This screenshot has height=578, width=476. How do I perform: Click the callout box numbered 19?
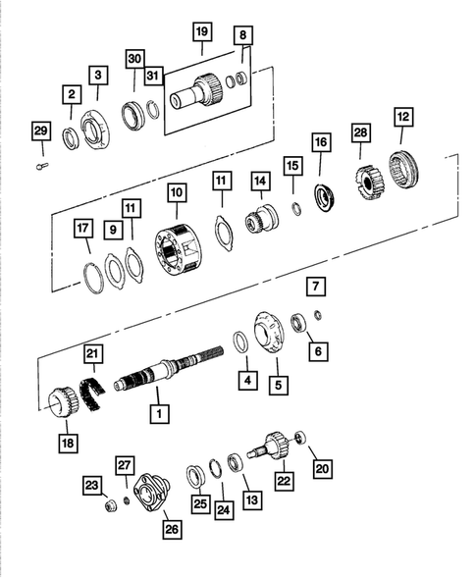[202, 33]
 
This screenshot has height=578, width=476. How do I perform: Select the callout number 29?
[39, 131]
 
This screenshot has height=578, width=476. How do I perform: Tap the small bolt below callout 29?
[40, 164]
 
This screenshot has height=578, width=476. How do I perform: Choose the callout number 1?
[155, 415]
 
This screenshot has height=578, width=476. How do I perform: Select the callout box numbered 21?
[91, 353]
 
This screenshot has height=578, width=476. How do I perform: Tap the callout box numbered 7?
[314, 288]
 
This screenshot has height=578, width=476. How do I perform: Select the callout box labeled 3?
[98, 75]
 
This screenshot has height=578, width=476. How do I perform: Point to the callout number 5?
[280, 386]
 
